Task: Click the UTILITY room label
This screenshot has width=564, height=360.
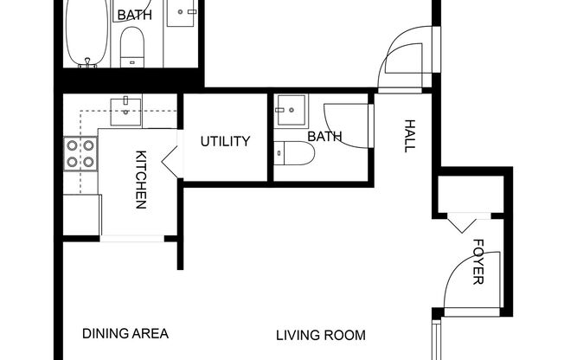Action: [226, 141]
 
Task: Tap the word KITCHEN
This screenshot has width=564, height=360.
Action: [140, 180]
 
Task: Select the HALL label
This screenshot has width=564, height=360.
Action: [409, 137]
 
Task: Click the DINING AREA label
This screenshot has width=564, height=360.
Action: [125, 333]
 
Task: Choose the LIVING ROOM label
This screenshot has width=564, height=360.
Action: [320, 335]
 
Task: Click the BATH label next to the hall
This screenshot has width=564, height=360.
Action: [324, 137]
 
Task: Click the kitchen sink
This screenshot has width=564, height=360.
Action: [126, 109]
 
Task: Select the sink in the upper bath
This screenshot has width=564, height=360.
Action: [184, 13]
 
